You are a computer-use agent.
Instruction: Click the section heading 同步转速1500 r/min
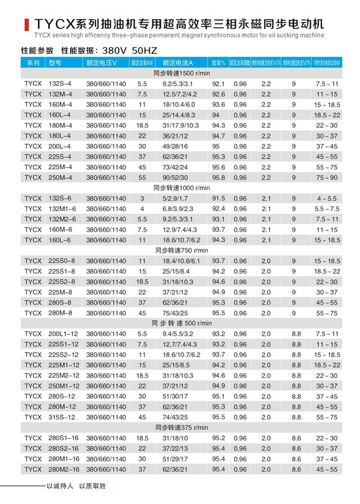(180, 72)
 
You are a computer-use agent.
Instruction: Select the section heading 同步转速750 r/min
(180, 250)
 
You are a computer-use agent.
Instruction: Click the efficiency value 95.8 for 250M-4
(218, 178)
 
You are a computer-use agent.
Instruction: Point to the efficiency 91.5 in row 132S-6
(218, 198)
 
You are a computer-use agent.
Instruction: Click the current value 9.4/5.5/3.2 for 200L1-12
(176, 333)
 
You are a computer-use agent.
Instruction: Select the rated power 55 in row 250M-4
(142, 178)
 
